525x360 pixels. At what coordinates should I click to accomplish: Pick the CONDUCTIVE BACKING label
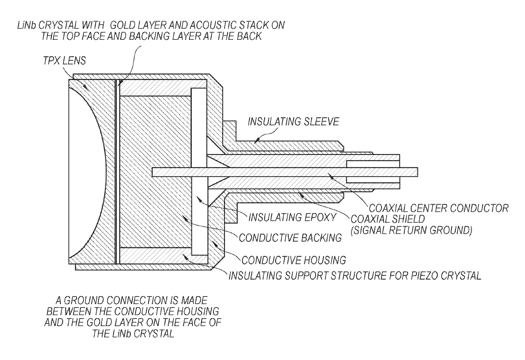coord(290,238)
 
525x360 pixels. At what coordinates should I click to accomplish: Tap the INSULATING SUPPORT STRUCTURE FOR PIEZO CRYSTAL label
coord(355,276)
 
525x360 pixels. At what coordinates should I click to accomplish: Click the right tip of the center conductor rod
coord(417,171)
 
